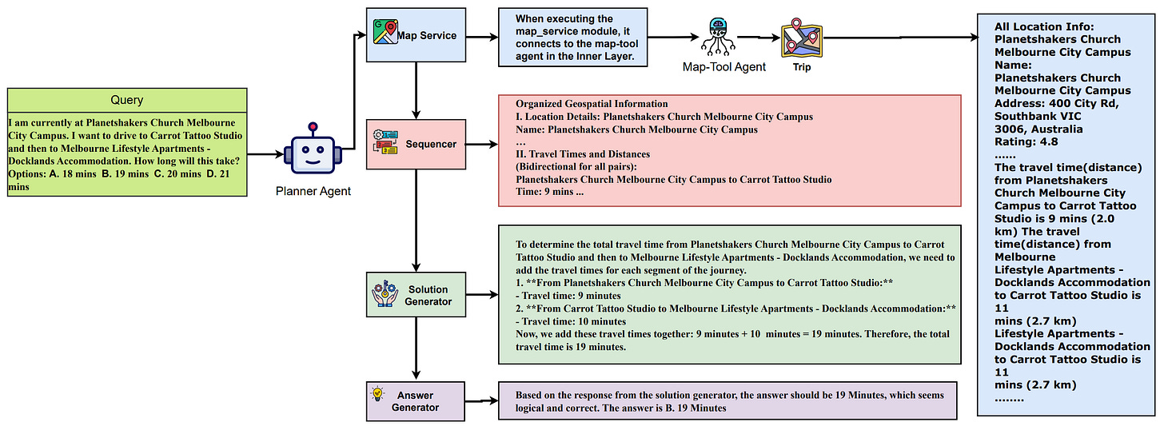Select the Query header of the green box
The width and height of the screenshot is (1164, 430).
[126, 100]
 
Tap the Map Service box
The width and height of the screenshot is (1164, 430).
[416, 35]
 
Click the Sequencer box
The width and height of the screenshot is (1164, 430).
[416, 145]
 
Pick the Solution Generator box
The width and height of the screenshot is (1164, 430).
[416, 295]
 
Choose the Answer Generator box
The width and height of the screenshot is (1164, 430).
[415, 401]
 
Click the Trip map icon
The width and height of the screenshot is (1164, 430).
[802, 38]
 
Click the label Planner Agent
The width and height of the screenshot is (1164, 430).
[313, 191]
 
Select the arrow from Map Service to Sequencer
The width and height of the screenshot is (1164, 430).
[416, 90]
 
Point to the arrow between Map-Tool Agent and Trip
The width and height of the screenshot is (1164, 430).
[758, 37]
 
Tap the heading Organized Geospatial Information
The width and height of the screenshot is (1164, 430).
[591, 104]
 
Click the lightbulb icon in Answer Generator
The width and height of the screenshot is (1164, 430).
[378, 393]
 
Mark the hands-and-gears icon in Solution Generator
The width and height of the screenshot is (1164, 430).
[384, 294]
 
